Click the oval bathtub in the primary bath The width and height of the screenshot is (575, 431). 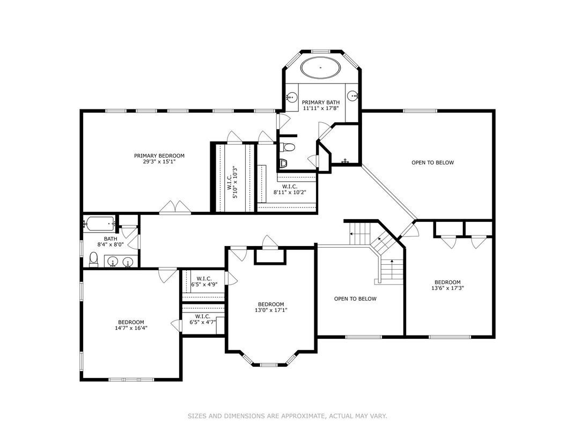click(321, 68)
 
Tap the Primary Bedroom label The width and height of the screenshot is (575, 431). click(159, 156)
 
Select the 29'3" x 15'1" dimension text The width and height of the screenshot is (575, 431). click(159, 162)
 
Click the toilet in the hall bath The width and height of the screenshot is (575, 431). click(94, 259)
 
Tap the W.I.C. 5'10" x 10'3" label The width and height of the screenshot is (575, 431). click(232, 182)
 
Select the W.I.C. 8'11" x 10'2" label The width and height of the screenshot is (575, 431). click(290, 189)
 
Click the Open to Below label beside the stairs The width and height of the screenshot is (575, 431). click(355, 299)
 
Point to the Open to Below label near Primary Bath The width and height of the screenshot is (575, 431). click(433, 162)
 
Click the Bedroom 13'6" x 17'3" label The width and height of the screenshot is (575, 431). click(448, 285)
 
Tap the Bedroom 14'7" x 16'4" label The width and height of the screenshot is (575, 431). click(131, 325)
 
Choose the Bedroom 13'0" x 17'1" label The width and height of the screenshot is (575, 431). click(271, 307)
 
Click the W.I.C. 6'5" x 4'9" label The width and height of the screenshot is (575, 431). click(204, 281)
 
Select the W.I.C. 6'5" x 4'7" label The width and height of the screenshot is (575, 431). click(203, 319)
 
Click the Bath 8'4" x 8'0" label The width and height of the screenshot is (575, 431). click(110, 242)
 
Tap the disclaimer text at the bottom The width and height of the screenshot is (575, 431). click(287, 416)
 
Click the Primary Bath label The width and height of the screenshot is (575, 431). click(321, 102)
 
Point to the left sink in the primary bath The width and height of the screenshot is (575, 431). click(292, 97)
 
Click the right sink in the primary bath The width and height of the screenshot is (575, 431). click(353, 96)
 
